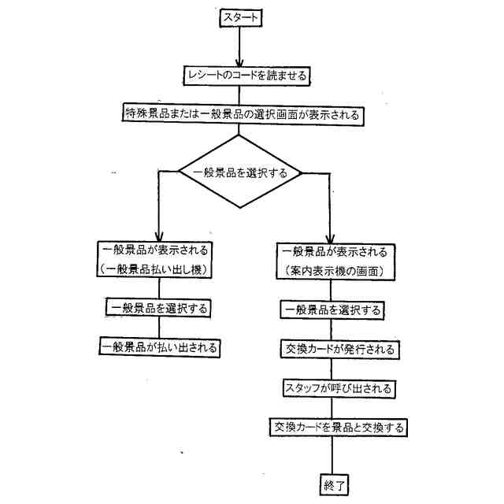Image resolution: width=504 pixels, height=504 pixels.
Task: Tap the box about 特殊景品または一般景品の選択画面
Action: pyautogui.click(x=243, y=114)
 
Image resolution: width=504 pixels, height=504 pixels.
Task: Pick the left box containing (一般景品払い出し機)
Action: pyautogui.click(x=158, y=261)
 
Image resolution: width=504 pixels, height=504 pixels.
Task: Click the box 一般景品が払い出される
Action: pyautogui.click(x=159, y=346)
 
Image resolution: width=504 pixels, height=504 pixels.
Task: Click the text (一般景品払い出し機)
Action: pyautogui.click(x=158, y=269)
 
